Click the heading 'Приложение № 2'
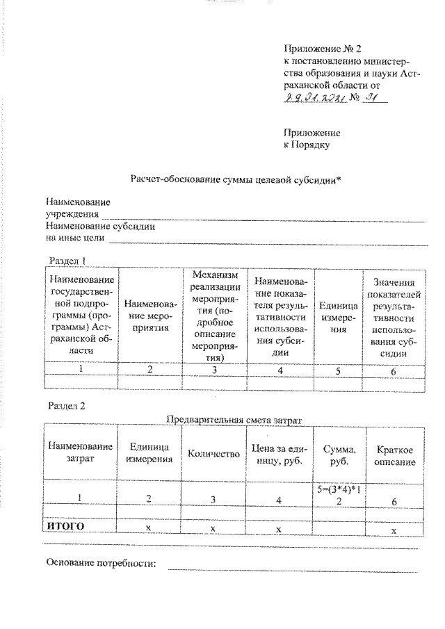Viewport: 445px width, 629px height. (x=323, y=48)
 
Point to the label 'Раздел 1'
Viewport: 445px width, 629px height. (x=67, y=260)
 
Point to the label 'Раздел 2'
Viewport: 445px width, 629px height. (x=67, y=405)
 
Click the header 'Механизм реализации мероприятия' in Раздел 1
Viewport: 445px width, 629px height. (x=215, y=314)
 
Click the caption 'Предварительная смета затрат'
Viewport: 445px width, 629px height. (x=236, y=418)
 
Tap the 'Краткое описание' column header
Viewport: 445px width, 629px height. (x=394, y=456)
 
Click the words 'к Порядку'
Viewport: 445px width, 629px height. (x=307, y=145)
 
